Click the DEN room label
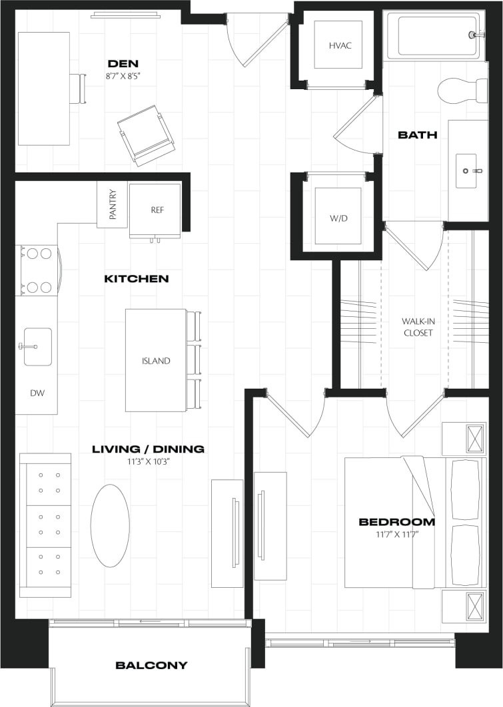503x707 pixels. pyautogui.click(x=126, y=63)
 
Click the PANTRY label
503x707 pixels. pyautogui.click(x=113, y=205)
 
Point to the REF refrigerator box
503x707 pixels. pyautogui.click(x=157, y=210)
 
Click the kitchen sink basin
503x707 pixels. pyautogui.click(x=38, y=347)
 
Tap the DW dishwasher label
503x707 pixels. pyautogui.click(x=37, y=393)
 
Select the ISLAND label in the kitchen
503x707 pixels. pyautogui.click(x=155, y=361)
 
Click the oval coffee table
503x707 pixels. pyautogui.click(x=110, y=525)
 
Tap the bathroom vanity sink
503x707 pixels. pyautogui.click(x=466, y=170)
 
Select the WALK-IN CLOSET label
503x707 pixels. pyautogui.click(x=417, y=326)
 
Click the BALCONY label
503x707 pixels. pyautogui.click(x=151, y=665)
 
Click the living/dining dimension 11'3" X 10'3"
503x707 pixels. pyautogui.click(x=148, y=461)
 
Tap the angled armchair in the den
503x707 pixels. pyautogui.click(x=146, y=135)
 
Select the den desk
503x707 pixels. pyautogui.click(x=43, y=88)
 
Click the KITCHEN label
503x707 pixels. pyautogui.click(x=136, y=278)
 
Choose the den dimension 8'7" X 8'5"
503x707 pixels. pyautogui.click(x=126, y=75)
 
